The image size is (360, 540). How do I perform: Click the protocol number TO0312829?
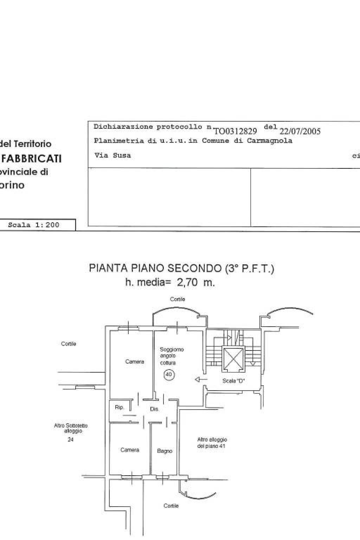(235, 131)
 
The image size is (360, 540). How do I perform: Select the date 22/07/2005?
(300, 131)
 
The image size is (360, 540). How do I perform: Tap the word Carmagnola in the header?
(269, 141)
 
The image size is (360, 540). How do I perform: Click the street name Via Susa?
(112, 155)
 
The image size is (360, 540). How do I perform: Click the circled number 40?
(169, 374)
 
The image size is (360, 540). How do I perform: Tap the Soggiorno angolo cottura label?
(172, 356)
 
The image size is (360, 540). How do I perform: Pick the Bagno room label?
(165, 451)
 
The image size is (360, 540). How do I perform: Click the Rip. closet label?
(120, 407)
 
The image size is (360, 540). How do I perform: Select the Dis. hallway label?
(154, 409)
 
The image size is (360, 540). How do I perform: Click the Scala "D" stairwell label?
(234, 381)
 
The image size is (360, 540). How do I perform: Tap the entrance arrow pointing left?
(201, 379)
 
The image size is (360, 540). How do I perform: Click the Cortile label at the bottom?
(171, 506)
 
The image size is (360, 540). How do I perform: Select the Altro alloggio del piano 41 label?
(212, 443)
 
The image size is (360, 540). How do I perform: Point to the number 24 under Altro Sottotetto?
(71, 439)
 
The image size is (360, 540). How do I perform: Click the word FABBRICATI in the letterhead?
(32, 159)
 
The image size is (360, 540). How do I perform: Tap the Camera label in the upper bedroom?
(135, 361)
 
